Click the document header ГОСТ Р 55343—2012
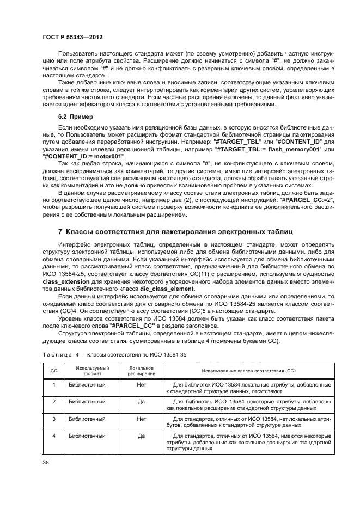pyautogui.click(x=72, y=36)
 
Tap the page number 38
pyautogui.click(x=46, y=463)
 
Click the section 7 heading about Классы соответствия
pyautogui.click(x=171, y=232)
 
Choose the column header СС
pyautogui.click(x=53, y=371)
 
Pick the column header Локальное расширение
pyautogui.click(x=141, y=371)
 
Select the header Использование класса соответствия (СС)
pyautogui.click(x=248, y=371)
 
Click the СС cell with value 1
pyautogui.click(x=53, y=385)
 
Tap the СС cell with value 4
pyautogui.click(x=53, y=436)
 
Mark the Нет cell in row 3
pyautogui.click(x=141, y=419)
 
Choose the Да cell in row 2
pyautogui.click(x=141, y=401)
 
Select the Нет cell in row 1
pyautogui.click(x=141, y=385)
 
